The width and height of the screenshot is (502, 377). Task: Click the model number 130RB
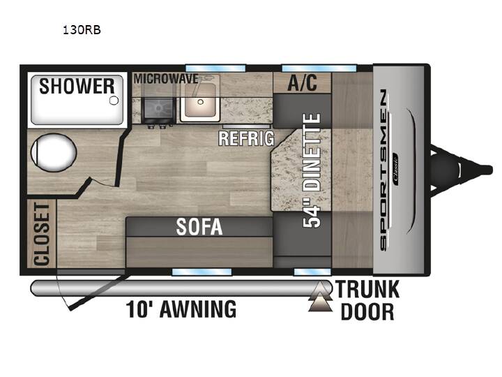(82, 30)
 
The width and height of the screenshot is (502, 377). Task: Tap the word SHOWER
(77, 87)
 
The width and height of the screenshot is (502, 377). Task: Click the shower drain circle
(114, 101)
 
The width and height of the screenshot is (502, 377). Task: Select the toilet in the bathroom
(54, 153)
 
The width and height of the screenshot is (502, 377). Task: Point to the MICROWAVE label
(166, 79)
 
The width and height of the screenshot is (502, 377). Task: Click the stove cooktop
(158, 109)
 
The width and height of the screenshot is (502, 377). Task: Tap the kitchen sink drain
(200, 102)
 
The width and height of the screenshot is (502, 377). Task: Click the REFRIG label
(247, 138)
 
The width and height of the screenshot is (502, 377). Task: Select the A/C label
(302, 82)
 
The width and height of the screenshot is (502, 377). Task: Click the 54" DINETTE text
(312, 170)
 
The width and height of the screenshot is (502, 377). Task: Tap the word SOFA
(199, 227)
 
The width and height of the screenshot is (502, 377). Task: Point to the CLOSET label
(42, 235)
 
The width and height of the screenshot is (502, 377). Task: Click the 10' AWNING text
(181, 309)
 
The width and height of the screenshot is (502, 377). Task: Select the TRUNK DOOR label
(367, 300)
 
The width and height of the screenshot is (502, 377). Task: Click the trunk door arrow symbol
(320, 297)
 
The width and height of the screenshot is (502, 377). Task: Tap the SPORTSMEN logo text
(383, 170)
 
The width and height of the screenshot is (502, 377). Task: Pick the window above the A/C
(319, 68)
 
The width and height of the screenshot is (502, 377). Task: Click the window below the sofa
(201, 272)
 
